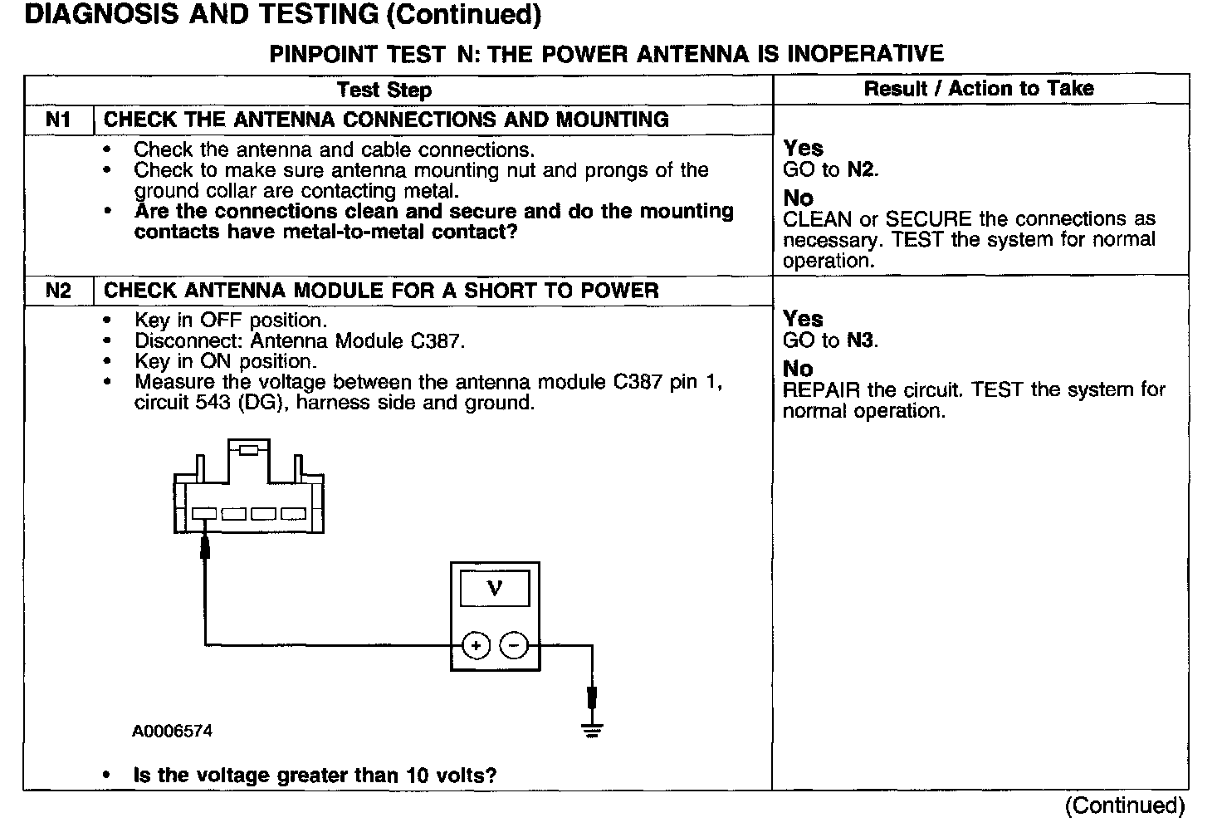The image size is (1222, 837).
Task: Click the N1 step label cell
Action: tap(58, 120)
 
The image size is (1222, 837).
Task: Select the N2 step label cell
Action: tap(58, 291)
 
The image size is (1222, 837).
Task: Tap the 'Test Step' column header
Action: tap(384, 90)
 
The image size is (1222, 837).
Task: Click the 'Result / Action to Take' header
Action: tap(979, 89)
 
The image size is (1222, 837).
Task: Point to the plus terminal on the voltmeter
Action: tap(475, 644)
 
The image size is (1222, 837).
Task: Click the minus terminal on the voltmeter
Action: tap(515, 644)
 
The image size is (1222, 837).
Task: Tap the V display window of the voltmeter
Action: tap(495, 589)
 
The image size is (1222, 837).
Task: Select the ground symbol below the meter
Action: tap(591, 731)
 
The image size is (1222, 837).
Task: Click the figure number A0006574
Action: tap(172, 732)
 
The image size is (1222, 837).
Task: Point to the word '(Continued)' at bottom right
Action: tap(1125, 805)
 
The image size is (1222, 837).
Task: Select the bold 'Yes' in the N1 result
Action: tap(803, 149)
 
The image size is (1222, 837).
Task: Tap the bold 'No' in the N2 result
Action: tap(798, 369)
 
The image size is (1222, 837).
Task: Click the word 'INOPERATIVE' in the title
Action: tap(865, 54)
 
